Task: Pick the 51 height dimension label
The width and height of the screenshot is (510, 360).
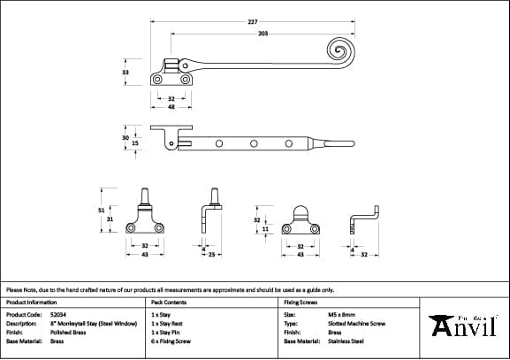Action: click(x=101, y=210)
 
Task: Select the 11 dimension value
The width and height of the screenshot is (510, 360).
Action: click(x=266, y=229)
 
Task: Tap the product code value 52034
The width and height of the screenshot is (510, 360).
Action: click(x=60, y=314)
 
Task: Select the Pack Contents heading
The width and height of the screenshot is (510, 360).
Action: click(x=168, y=302)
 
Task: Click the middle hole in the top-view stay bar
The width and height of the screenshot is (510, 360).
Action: click(x=253, y=142)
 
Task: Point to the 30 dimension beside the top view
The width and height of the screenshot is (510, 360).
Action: click(x=126, y=138)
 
